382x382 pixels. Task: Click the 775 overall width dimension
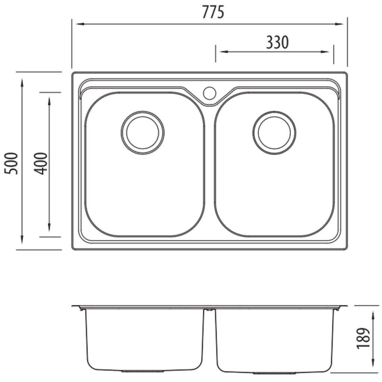(x=213, y=12)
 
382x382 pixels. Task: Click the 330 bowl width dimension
(x=277, y=43)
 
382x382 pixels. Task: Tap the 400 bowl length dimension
(x=40, y=163)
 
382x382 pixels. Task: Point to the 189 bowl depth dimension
(x=363, y=338)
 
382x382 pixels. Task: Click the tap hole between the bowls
(x=210, y=93)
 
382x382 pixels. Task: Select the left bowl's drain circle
(x=143, y=133)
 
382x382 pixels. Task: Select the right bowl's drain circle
(x=274, y=133)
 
